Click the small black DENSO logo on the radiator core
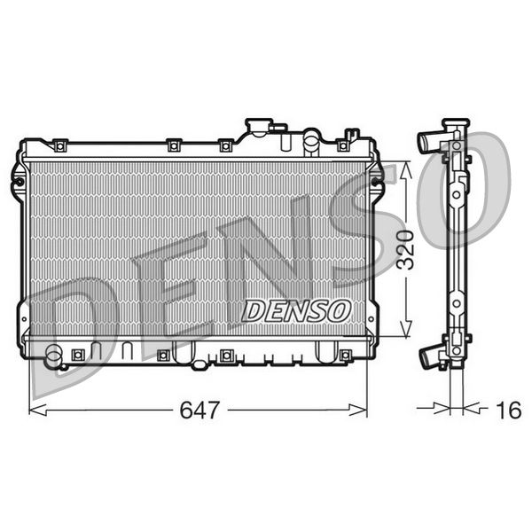(297, 310)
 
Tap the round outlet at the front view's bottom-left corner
(54, 358)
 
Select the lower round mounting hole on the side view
(455, 303)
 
